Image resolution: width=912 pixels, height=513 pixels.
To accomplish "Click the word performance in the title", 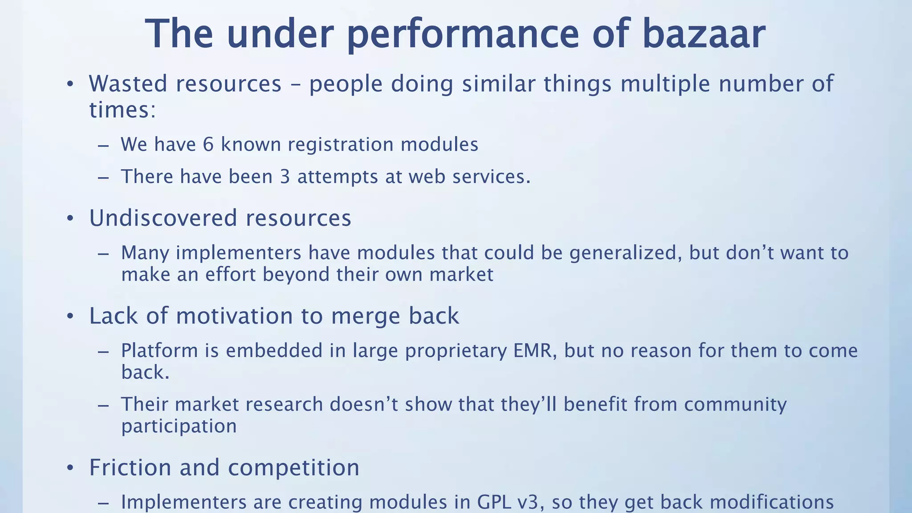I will click(x=463, y=34).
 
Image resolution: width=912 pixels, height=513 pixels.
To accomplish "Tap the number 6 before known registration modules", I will click(x=208, y=145).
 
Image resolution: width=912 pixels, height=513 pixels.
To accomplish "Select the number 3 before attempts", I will click(x=285, y=177).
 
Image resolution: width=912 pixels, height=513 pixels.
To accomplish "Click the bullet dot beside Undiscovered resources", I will click(x=70, y=219).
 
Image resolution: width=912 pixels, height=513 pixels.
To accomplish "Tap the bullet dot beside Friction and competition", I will click(x=70, y=468).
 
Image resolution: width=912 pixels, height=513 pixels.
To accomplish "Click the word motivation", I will click(x=235, y=316).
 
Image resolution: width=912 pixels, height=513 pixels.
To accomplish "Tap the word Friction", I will click(x=130, y=468).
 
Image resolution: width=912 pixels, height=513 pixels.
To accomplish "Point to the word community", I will click(x=735, y=404).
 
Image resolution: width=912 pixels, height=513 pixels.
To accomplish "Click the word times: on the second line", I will click(x=122, y=110).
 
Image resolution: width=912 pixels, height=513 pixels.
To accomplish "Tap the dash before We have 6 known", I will click(x=103, y=146).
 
